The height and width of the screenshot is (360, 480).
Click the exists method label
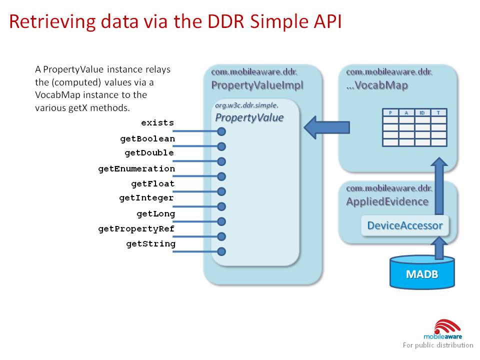pyautogui.click(x=157, y=122)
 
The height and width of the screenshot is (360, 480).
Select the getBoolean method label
pyautogui.click(x=147, y=138)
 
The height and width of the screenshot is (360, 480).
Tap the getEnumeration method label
pyautogui.click(x=136, y=168)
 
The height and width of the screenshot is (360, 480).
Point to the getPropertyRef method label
pyautogui.click(x=136, y=229)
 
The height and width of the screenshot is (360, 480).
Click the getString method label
pyautogui.click(x=150, y=244)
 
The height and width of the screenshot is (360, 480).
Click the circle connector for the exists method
pyautogui.click(x=221, y=131)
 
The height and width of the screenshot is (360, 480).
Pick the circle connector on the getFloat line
pyautogui.click(x=221, y=191)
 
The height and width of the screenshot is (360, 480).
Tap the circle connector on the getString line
pyautogui.click(x=221, y=251)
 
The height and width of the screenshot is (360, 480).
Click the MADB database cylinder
pyautogui.click(x=422, y=273)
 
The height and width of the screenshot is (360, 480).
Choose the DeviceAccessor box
pyautogui.click(x=405, y=225)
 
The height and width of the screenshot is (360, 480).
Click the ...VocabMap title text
pyautogui.click(x=377, y=85)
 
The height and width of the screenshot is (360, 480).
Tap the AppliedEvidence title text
pyautogui.click(x=387, y=201)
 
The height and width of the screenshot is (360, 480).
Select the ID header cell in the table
pyautogui.click(x=422, y=113)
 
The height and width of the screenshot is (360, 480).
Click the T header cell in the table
pyautogui.click(x=438, y=113)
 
